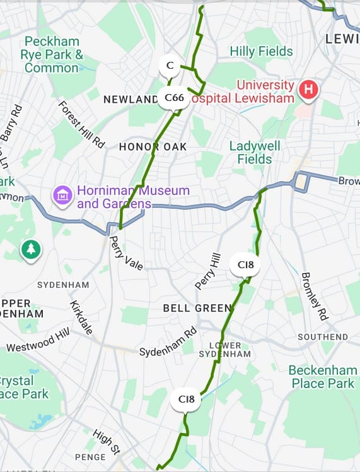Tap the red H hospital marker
point(308,90)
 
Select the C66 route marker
point(174,98)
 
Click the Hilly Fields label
point(261,51)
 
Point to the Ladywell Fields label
point(250,152)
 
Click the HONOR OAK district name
point(153,146)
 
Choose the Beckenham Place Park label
point(322,377)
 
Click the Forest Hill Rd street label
point(81,124)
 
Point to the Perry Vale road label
point(126,253)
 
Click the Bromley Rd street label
point(315,296)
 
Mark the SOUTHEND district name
point(323,337)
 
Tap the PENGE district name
point(90,457)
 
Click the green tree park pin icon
point(30,249)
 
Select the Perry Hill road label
point(208,271)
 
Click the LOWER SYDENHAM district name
point(224,350)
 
